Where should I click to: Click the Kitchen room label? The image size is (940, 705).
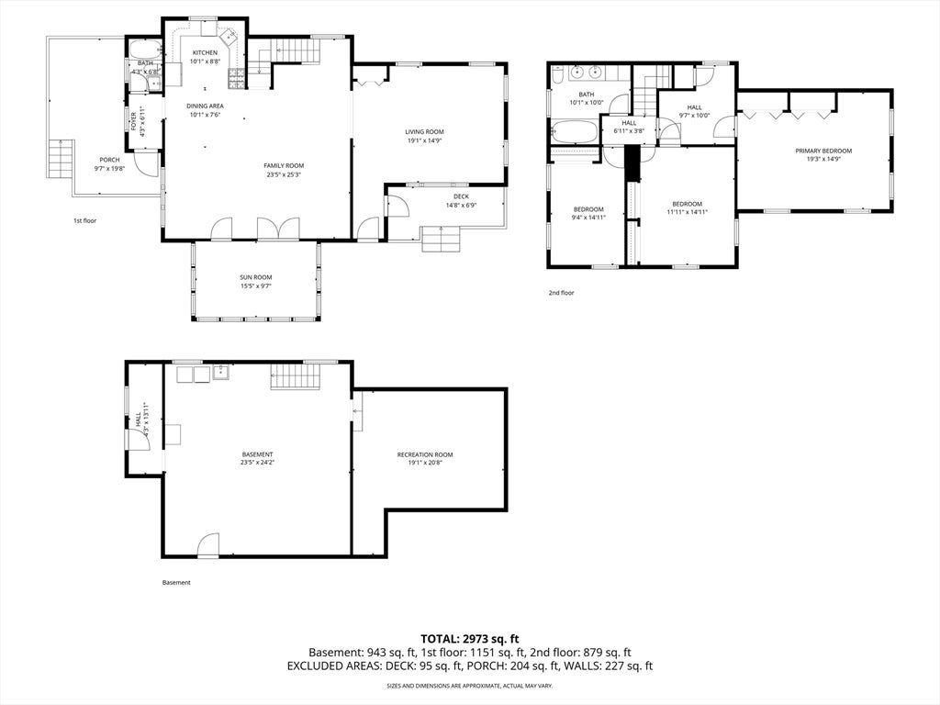(205, 52)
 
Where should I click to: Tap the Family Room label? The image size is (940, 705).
(284, 165)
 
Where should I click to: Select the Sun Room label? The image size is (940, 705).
(256, 277)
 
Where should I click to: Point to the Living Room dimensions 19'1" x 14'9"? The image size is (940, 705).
(424, 140)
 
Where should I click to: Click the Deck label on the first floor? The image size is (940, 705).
(461, 196)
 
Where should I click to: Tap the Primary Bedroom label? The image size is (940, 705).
(823, 151)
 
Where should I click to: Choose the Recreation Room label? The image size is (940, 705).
(425, 455)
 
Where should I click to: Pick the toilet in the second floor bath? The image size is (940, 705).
(557, 74)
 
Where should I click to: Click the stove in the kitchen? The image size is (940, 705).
(236, 79)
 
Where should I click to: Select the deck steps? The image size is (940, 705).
(441, 240)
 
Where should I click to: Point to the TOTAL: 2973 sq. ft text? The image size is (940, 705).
(469, 639)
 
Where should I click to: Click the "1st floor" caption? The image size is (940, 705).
(84, 220)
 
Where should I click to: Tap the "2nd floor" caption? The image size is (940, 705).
(561, 293)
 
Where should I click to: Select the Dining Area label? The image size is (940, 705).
(205, 106)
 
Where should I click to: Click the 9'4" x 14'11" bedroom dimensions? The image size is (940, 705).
(588, 218)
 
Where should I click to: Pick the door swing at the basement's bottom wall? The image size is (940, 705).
(208, 544)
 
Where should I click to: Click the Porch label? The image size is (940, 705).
(109, 160)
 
